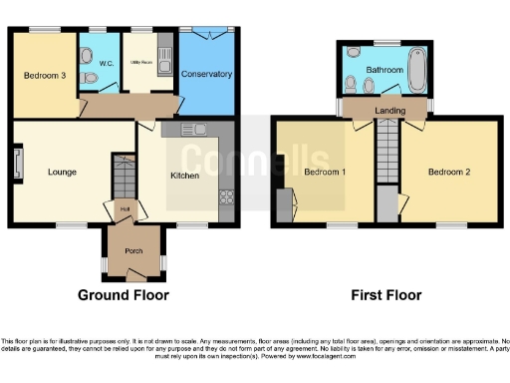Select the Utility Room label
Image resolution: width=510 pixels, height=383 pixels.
(139, 62)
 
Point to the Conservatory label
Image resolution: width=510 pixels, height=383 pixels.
(207, 75)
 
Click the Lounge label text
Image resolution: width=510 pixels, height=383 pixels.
(62, 173)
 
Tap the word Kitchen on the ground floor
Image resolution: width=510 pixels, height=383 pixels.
(185, 176)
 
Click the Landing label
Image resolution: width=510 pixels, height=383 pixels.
(387, 110)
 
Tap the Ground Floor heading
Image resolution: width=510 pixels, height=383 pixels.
(124, 295)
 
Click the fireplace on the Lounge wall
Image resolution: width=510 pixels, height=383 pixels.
(17, 165)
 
